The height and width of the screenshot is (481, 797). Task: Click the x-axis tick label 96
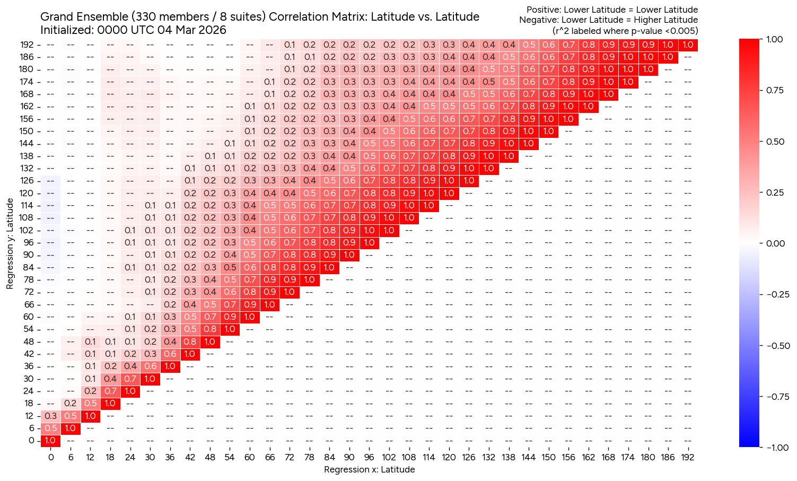(369, 457)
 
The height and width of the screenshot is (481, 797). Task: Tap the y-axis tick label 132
(28, 168)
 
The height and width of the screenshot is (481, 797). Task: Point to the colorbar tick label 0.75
(777, 90)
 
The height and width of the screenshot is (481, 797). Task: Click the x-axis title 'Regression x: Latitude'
(369, 469)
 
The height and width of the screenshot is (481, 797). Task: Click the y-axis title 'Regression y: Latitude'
(10, 243)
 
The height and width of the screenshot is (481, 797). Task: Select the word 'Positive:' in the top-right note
(544, 10)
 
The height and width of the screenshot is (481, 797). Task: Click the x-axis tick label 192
(687, 457)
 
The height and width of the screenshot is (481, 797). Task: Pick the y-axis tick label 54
(29, 329)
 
